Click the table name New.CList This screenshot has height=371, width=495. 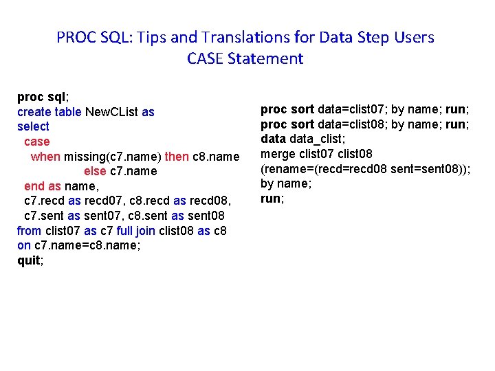112,111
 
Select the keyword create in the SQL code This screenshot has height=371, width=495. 33,111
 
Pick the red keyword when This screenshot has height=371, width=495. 46,156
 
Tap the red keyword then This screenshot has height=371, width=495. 177,156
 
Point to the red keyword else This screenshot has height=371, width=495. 95,171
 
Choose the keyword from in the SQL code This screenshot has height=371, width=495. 29,231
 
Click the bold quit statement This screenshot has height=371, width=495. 30,260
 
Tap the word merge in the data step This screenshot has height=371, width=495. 276,153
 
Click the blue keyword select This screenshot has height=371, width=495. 33,126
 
